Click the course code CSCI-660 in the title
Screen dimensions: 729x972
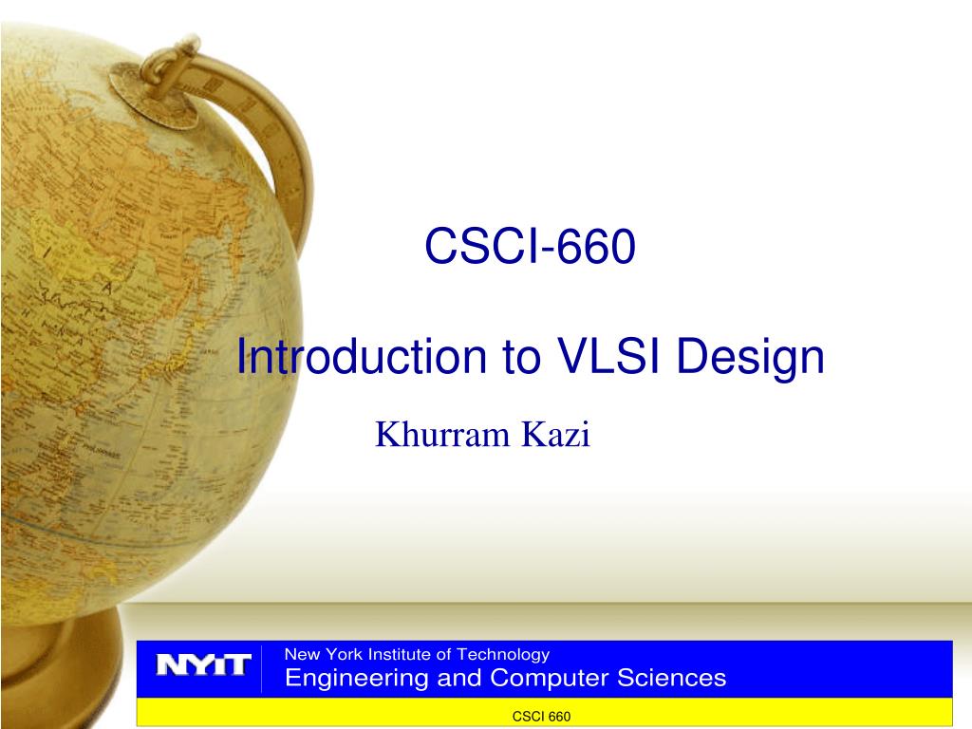click(x=529, y=247)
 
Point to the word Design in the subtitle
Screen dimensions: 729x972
click(x=750, y=360)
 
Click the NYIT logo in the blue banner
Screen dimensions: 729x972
click(x=203, y=664)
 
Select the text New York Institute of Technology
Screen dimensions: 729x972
click(x=418, y=654)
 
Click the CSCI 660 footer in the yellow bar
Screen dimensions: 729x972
click(x=541, y=717)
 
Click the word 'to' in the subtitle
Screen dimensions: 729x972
click(x=508, y=358)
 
